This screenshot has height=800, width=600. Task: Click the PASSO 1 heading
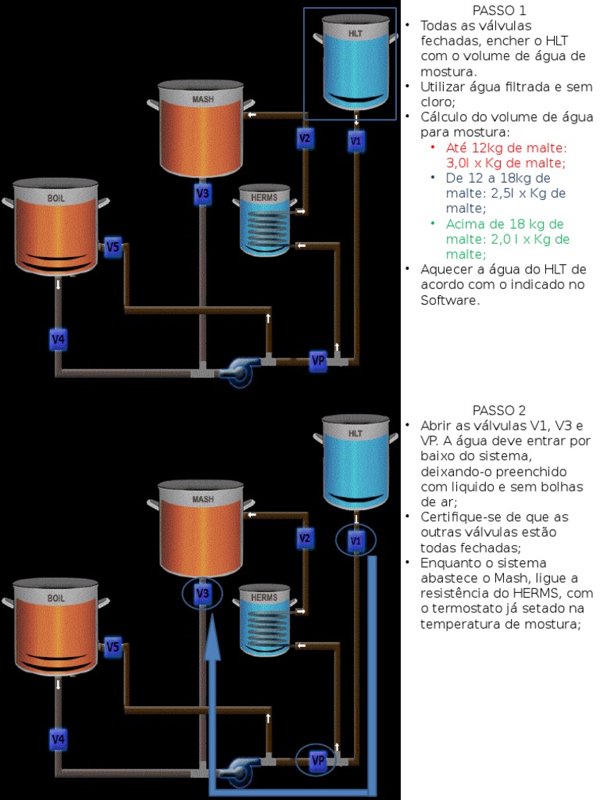pyautogui.click(x=499, y=10)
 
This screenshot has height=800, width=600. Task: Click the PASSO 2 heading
pyautogui.click(x=499, y=410)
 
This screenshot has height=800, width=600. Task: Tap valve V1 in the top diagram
pyautogui.click(x=356, y=141)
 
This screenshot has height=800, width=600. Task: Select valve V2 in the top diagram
pyautogui.click(x=305, y=139)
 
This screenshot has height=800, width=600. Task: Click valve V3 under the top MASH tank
pyautogui.click(x=202, y=193)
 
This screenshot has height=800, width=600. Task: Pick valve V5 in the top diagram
pyautogui.click(x=113, y=248)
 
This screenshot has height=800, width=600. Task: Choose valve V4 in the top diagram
pyautogui.click(x=58, y=340)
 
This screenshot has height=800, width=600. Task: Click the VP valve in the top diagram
pyautogui.click(x=318, y=360)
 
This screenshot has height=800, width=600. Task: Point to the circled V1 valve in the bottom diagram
pyautogui.click(x=356, y=541)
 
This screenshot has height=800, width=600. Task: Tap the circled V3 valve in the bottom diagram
pyautogui.click(x=202, y=595)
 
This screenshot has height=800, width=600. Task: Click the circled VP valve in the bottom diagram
pyautogui.click(x=318, y=760)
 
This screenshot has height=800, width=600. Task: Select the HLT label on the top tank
pyautogui.click(x=355, y=35)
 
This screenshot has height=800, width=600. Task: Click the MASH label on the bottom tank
pyautogui.click(x=202, y=499)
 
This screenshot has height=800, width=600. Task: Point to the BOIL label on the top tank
pyautogui.click(x=55, y=198)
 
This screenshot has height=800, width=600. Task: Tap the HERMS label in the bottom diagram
pyautogui.click(x=264, y=598)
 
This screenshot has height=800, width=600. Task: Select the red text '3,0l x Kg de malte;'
pyautogui.click(x=505, y=162)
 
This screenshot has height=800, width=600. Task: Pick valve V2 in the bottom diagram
pyautogui.click(x=305, y=538)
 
